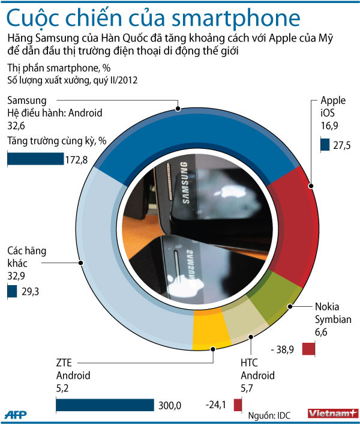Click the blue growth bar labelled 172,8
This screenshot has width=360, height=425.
(35, 159)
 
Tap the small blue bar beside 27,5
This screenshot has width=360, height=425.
(325, 145)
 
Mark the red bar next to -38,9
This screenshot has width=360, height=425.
(308, 349)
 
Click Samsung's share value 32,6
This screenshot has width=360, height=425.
(16, 125)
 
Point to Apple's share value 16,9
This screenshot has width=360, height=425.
(329, 126)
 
